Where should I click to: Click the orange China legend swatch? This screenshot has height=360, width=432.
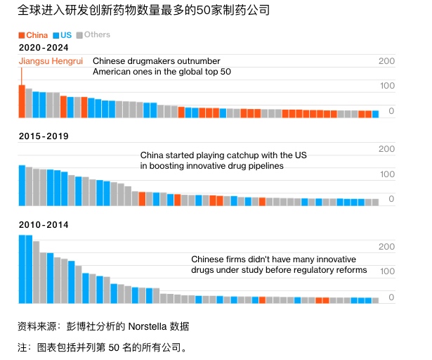click(22, 34)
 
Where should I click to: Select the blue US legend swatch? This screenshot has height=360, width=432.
click(55, 34)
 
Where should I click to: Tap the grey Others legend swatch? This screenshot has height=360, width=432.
click(79, 34)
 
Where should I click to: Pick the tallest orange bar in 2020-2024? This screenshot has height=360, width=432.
click(22, 101)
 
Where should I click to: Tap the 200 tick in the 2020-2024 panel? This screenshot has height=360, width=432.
click(386, 61)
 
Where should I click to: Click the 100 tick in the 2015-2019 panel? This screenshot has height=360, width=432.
click(386, 174)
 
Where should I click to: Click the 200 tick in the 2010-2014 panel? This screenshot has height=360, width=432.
click(386, 247)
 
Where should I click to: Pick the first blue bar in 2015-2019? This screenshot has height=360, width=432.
click(22, 185)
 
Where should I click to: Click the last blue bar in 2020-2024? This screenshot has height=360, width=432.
click(375, 114)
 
